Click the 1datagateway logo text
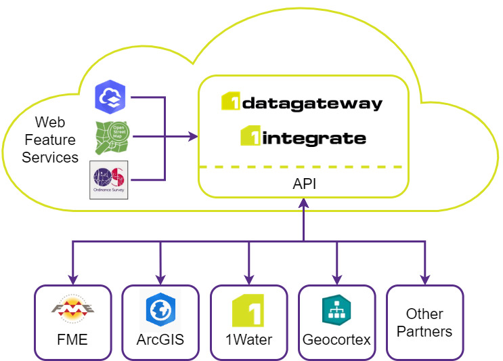click(x=302, y=103)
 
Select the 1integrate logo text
click(x=303, y=138)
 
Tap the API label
click(x=304, y=184)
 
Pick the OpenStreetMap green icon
click(x=112, y=137)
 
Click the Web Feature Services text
click(x=50, y=140)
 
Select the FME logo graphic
click(x=72, y=311)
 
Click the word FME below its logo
click(x=72, y=339)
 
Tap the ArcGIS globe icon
click(x=160, y=310)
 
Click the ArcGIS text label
click(x=160, y=339)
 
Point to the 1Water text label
click(x=248, y=339)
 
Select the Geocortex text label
click(x=336, y=339)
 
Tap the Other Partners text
click(x=424, y=322)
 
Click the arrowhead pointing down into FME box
click(x=72, y=279)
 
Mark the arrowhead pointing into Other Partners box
click(x=424, y=279)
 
